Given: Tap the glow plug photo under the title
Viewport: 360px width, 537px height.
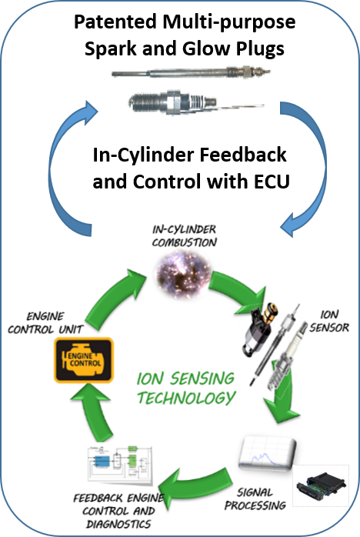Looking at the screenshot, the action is pos(191,72).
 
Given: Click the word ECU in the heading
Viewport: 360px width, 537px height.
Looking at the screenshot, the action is pos(272,181).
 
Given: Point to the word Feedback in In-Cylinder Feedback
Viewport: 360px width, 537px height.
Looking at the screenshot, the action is pos(243,155).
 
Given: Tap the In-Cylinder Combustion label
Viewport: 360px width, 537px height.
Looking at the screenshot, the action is pos(185,235).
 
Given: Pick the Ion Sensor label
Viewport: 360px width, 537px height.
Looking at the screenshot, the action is pos(329,321).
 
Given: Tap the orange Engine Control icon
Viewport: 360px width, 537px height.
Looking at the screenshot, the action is pos(84,359).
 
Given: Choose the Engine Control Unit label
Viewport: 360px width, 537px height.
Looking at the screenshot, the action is pos(45,322).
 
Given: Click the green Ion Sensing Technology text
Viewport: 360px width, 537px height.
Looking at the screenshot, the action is pos(186,388).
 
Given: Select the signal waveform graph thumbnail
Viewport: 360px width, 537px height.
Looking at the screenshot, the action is pos(267,452).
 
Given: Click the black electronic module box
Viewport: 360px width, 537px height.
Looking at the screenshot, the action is pos(321,485).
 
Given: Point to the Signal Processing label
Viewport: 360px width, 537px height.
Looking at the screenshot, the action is pos(255,499).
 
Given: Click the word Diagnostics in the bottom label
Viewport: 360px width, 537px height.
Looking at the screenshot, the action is pos(118,524).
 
